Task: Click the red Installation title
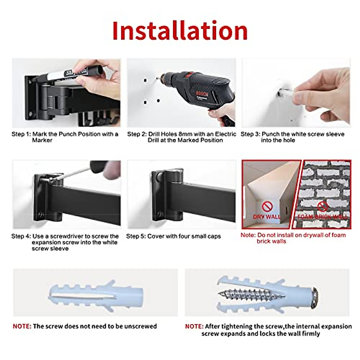click(180, 31)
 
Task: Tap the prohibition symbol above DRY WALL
click(267, 206)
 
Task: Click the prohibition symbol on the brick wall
click(322, 206)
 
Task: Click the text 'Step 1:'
click(21, 134)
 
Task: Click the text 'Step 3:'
click(250, 134)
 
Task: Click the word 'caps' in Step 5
click(213, 236)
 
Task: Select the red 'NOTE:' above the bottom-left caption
click(22, 326)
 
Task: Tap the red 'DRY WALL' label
click(267, 217)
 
